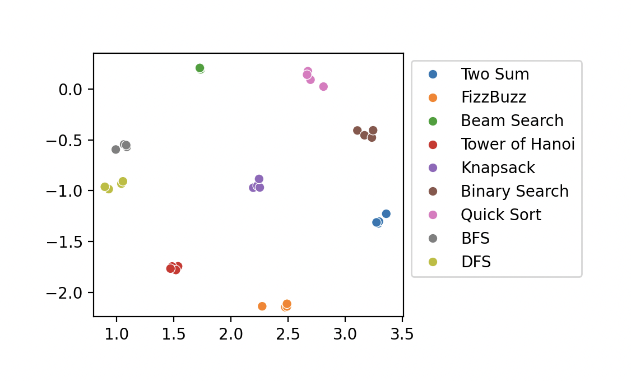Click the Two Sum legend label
click(x=495, y=74)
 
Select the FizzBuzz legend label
click(x=493, y=97)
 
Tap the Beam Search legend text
click(x=512, y=121)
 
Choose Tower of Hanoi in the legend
click(x=518, y=145)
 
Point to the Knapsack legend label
click(x=498, y=168)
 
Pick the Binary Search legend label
click(x=514, y=192)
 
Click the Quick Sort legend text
click(x=501, y=215)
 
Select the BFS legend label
click(x=475, y=239)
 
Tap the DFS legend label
click(x=476, y=262)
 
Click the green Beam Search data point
click(x=200, y=68)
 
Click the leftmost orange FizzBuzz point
click(x=262, y=306)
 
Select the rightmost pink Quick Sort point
click(x=323, y=86)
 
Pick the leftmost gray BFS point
click(x=115, y=150)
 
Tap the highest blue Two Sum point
click(x=386, y=213)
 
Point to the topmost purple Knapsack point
click(x=259, y=179)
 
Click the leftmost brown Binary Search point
click(x=358, y=131)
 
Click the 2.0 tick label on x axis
click(x=231, y=335)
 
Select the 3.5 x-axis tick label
click(x=402, y=335)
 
